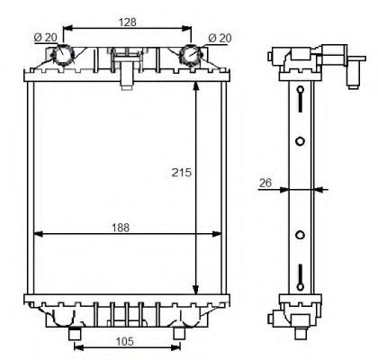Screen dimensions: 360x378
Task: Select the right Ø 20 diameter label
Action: coord(218,38)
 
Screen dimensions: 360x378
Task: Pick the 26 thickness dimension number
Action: coord(265,184)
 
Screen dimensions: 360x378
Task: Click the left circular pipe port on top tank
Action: coord(64,56)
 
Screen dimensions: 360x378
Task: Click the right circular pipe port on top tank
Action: coord(192,56)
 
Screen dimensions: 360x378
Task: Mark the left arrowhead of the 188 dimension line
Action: coord(37,235)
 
